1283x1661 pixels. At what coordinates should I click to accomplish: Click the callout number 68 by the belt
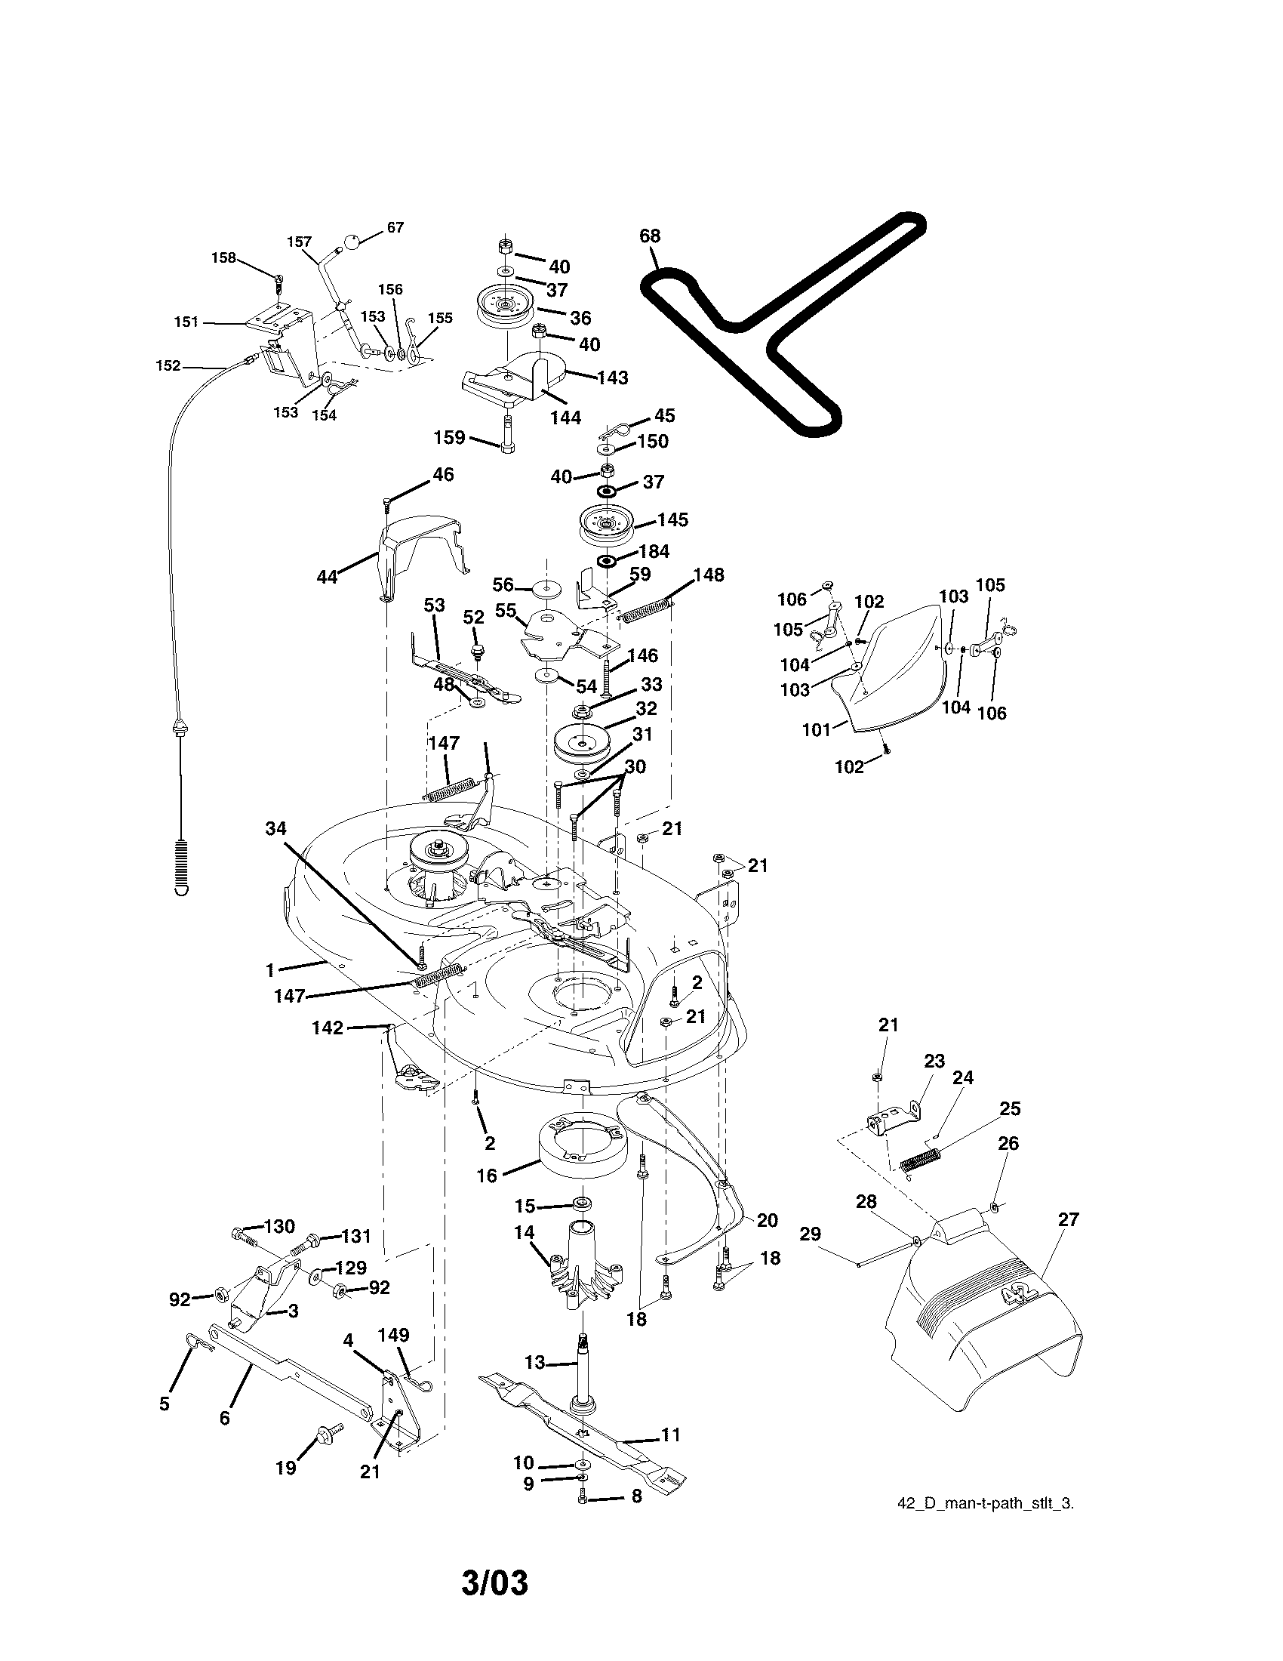coord(650,236)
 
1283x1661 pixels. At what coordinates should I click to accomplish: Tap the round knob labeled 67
coord(352,242)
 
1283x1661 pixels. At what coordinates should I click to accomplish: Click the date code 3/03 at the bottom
coord(494,1583)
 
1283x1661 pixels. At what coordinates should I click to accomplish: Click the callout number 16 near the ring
coord(487,1176)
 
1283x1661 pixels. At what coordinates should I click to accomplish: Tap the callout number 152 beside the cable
coord(168,366)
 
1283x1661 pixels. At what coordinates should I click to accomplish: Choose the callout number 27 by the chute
coord(1068,1219)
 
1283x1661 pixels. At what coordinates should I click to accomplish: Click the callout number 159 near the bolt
coord(449,437)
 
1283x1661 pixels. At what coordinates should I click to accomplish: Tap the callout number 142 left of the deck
coord(328,1028)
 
